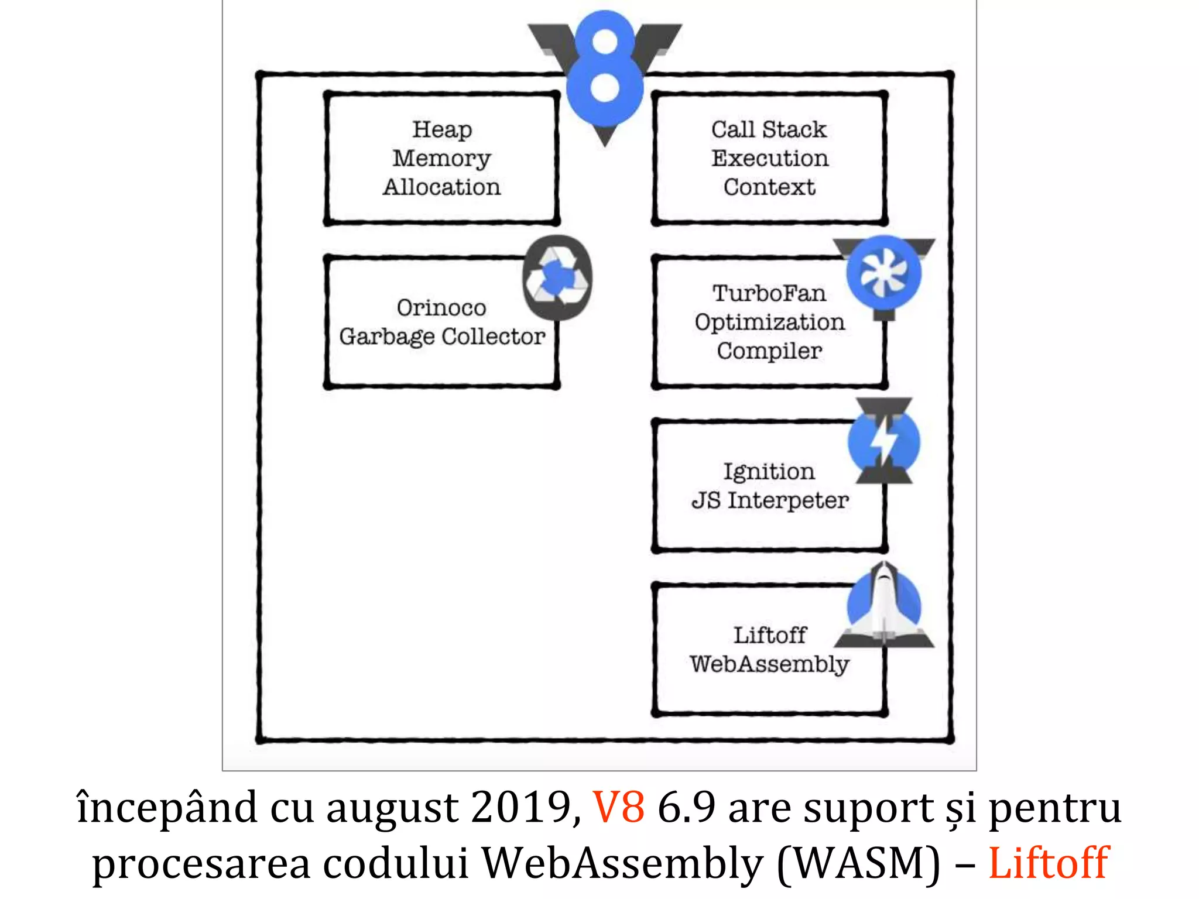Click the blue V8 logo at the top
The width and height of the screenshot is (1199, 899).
(605, 70)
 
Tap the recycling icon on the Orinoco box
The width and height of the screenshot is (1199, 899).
(557, 277)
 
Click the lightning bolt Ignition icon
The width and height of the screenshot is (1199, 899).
(884, 442)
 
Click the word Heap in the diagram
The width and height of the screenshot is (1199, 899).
(442, 129)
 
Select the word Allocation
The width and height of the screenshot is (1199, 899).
(442, 187)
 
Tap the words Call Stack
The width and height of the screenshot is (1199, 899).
(769, 129)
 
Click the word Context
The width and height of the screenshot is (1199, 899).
(769, 187)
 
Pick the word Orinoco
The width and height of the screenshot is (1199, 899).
(441, 308)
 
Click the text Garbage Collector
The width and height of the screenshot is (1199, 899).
(442, 337)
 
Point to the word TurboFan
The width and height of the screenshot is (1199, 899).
(769, 293)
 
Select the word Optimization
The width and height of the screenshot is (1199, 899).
(769, 322)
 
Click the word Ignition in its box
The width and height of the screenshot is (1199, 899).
(769, 472)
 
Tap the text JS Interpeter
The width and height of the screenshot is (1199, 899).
(769, 500)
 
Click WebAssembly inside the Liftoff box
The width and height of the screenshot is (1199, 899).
(769, 664)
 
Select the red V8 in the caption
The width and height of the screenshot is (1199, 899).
(618, 808)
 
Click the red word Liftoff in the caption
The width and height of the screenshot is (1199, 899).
(1048, 863)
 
